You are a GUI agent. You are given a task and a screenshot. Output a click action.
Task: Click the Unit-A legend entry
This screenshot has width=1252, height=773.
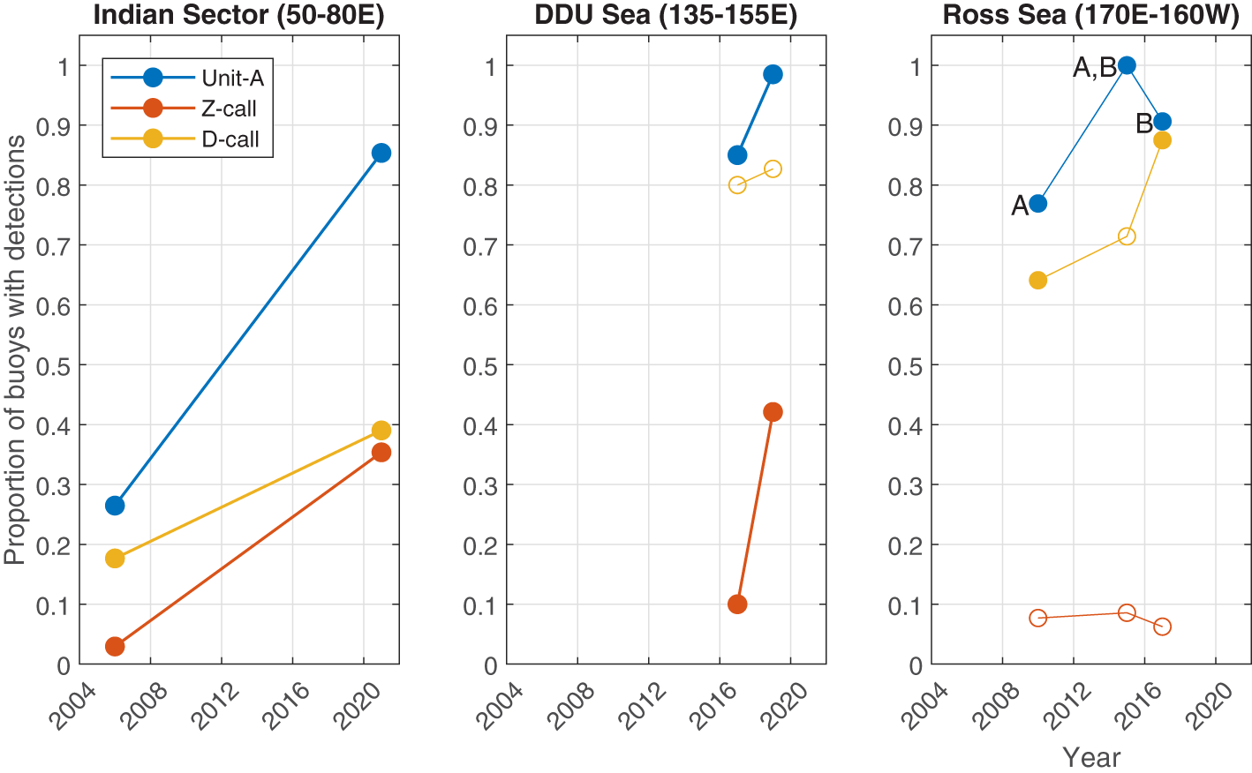231,79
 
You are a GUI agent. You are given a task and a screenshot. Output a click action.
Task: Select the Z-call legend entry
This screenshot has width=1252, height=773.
229,109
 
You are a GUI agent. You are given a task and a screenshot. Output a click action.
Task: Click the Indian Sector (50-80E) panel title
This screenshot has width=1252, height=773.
238,15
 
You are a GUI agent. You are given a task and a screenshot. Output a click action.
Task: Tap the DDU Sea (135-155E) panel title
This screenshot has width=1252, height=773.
666,15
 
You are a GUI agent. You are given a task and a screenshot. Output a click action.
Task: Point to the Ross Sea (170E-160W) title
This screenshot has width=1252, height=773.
1090,15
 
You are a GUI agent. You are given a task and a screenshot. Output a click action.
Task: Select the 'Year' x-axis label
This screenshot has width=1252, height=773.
1091,757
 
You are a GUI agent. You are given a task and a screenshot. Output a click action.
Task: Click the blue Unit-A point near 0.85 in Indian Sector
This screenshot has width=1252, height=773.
381,154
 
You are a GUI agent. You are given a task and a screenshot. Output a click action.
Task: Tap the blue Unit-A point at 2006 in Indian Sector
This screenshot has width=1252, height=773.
115,506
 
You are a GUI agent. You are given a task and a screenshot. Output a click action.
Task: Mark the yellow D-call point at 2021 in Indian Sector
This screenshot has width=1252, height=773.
381,431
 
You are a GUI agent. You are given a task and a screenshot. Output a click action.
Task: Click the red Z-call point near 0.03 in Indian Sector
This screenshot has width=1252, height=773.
115,647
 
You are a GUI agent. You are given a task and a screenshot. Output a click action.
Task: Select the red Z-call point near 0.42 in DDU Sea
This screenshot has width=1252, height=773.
773,412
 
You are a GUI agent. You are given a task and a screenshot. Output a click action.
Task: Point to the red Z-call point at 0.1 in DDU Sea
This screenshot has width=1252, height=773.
737,604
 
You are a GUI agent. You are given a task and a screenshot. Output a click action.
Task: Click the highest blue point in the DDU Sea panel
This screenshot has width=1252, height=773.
773,75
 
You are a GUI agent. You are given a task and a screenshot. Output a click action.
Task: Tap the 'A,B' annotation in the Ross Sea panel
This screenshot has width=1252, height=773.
1094,68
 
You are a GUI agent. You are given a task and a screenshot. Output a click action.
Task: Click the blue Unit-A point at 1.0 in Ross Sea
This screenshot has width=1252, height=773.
1127,65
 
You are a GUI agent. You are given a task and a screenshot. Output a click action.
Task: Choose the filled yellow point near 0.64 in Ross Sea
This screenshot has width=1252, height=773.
1038,281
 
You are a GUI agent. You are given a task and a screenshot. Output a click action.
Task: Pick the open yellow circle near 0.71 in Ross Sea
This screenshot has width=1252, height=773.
1127,236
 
